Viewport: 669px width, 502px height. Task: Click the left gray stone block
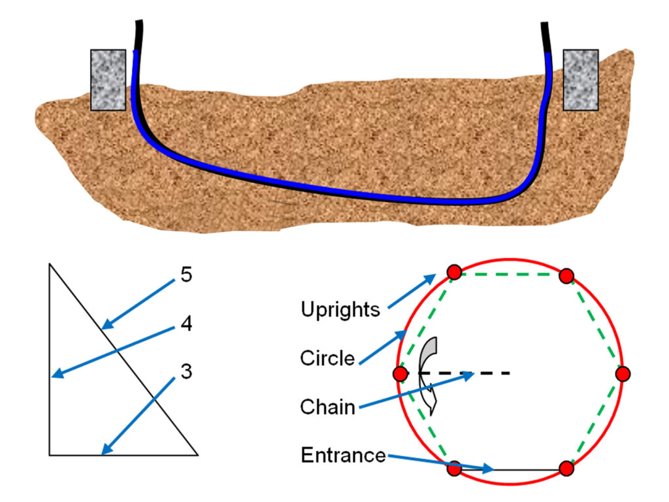(x=108, y=79)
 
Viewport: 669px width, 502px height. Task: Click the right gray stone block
(x=580, y=79)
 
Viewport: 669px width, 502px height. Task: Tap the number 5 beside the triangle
(x=186, y=275)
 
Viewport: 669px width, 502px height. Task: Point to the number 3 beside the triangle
(x=186, y=372)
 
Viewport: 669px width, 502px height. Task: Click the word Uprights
(x=340, y=309)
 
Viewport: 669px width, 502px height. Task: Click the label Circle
(x=327, y=358)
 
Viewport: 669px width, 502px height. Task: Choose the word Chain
(x=327, y=407)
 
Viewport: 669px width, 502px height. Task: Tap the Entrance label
(x=343, y=455)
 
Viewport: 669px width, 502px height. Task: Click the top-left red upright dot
(x=455, y=272)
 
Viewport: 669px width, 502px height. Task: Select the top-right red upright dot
(x=566, y=276)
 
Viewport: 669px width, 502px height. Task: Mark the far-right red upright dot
(x=623, y=373)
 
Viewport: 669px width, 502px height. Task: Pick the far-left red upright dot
(x=400, y=373)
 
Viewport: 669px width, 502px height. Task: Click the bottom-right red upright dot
(x=566, y=469)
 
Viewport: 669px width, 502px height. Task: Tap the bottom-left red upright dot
(x=455, y=469)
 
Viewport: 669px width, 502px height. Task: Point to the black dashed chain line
(x=483, y=373)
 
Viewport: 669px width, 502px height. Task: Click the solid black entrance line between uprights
(x=523, y=469)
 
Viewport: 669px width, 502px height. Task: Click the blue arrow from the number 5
(x=139, y=301)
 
